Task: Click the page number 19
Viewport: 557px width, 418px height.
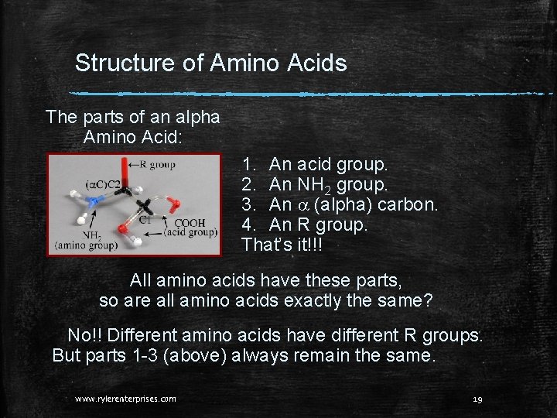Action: pos(477,399)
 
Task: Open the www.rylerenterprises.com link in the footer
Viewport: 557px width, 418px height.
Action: pos(125,399)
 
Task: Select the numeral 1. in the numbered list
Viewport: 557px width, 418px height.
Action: pos(250,165)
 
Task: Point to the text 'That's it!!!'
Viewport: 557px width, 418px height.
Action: pos(282,245)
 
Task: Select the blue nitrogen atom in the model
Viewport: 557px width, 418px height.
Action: pos(94,203)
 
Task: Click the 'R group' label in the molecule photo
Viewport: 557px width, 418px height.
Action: pos(158,164)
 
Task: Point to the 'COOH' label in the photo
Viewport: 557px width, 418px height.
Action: pos(190,222)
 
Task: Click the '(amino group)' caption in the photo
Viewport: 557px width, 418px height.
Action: pos(86,246)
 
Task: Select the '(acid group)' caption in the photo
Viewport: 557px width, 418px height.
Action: pos(190,231)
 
